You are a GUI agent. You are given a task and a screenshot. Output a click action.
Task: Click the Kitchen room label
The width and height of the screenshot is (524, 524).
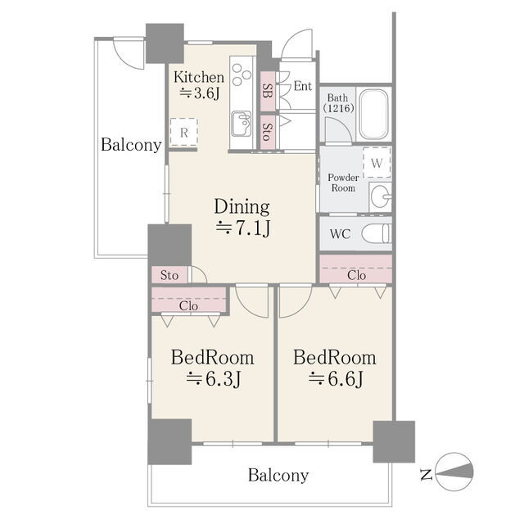tap(198, 78)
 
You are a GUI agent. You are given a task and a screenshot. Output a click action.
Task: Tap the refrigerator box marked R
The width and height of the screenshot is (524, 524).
tap(183, 133)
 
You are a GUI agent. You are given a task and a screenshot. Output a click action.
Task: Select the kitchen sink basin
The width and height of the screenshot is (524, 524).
tap(242, 124)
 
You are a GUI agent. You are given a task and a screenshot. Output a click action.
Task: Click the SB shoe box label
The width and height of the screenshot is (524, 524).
tap(267, 91)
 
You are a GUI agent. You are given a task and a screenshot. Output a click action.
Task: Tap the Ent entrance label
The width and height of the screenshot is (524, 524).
tap(302, 86)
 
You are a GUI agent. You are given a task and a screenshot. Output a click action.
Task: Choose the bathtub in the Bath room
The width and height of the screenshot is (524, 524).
tap(373, 114)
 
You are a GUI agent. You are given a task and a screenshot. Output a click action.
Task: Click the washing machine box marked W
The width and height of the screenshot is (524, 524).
tap(377, 163)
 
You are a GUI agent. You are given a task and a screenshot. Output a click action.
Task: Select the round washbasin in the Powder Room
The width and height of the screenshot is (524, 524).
tap(381, 196)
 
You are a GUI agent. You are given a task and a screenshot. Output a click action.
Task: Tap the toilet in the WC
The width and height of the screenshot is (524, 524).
tap(377, 233)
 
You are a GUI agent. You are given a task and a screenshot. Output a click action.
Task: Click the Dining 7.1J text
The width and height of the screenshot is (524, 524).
tap(242, 217)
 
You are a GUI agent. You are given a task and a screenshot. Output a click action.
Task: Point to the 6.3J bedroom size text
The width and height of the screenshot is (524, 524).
tap(213, 379)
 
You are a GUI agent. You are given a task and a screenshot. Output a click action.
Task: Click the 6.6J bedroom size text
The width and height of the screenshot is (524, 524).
tap(336, 379)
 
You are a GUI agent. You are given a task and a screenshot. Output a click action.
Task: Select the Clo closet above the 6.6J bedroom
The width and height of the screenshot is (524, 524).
tap(356, 269)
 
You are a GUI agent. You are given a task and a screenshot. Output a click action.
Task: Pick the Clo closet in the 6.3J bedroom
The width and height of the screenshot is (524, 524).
tap(189, 299)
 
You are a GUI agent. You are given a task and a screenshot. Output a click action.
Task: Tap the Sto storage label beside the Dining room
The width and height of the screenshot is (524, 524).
tap(169, 275)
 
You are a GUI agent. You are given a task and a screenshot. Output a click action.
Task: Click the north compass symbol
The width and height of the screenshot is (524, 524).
tap(454, 472)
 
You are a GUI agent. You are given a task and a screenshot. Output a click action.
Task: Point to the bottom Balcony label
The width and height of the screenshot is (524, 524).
tap(278, 475)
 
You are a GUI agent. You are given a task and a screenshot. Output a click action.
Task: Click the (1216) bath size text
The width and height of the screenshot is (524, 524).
tap(338, 108)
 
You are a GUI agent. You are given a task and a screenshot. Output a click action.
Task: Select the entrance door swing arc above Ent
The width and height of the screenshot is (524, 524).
tap(296, 43)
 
